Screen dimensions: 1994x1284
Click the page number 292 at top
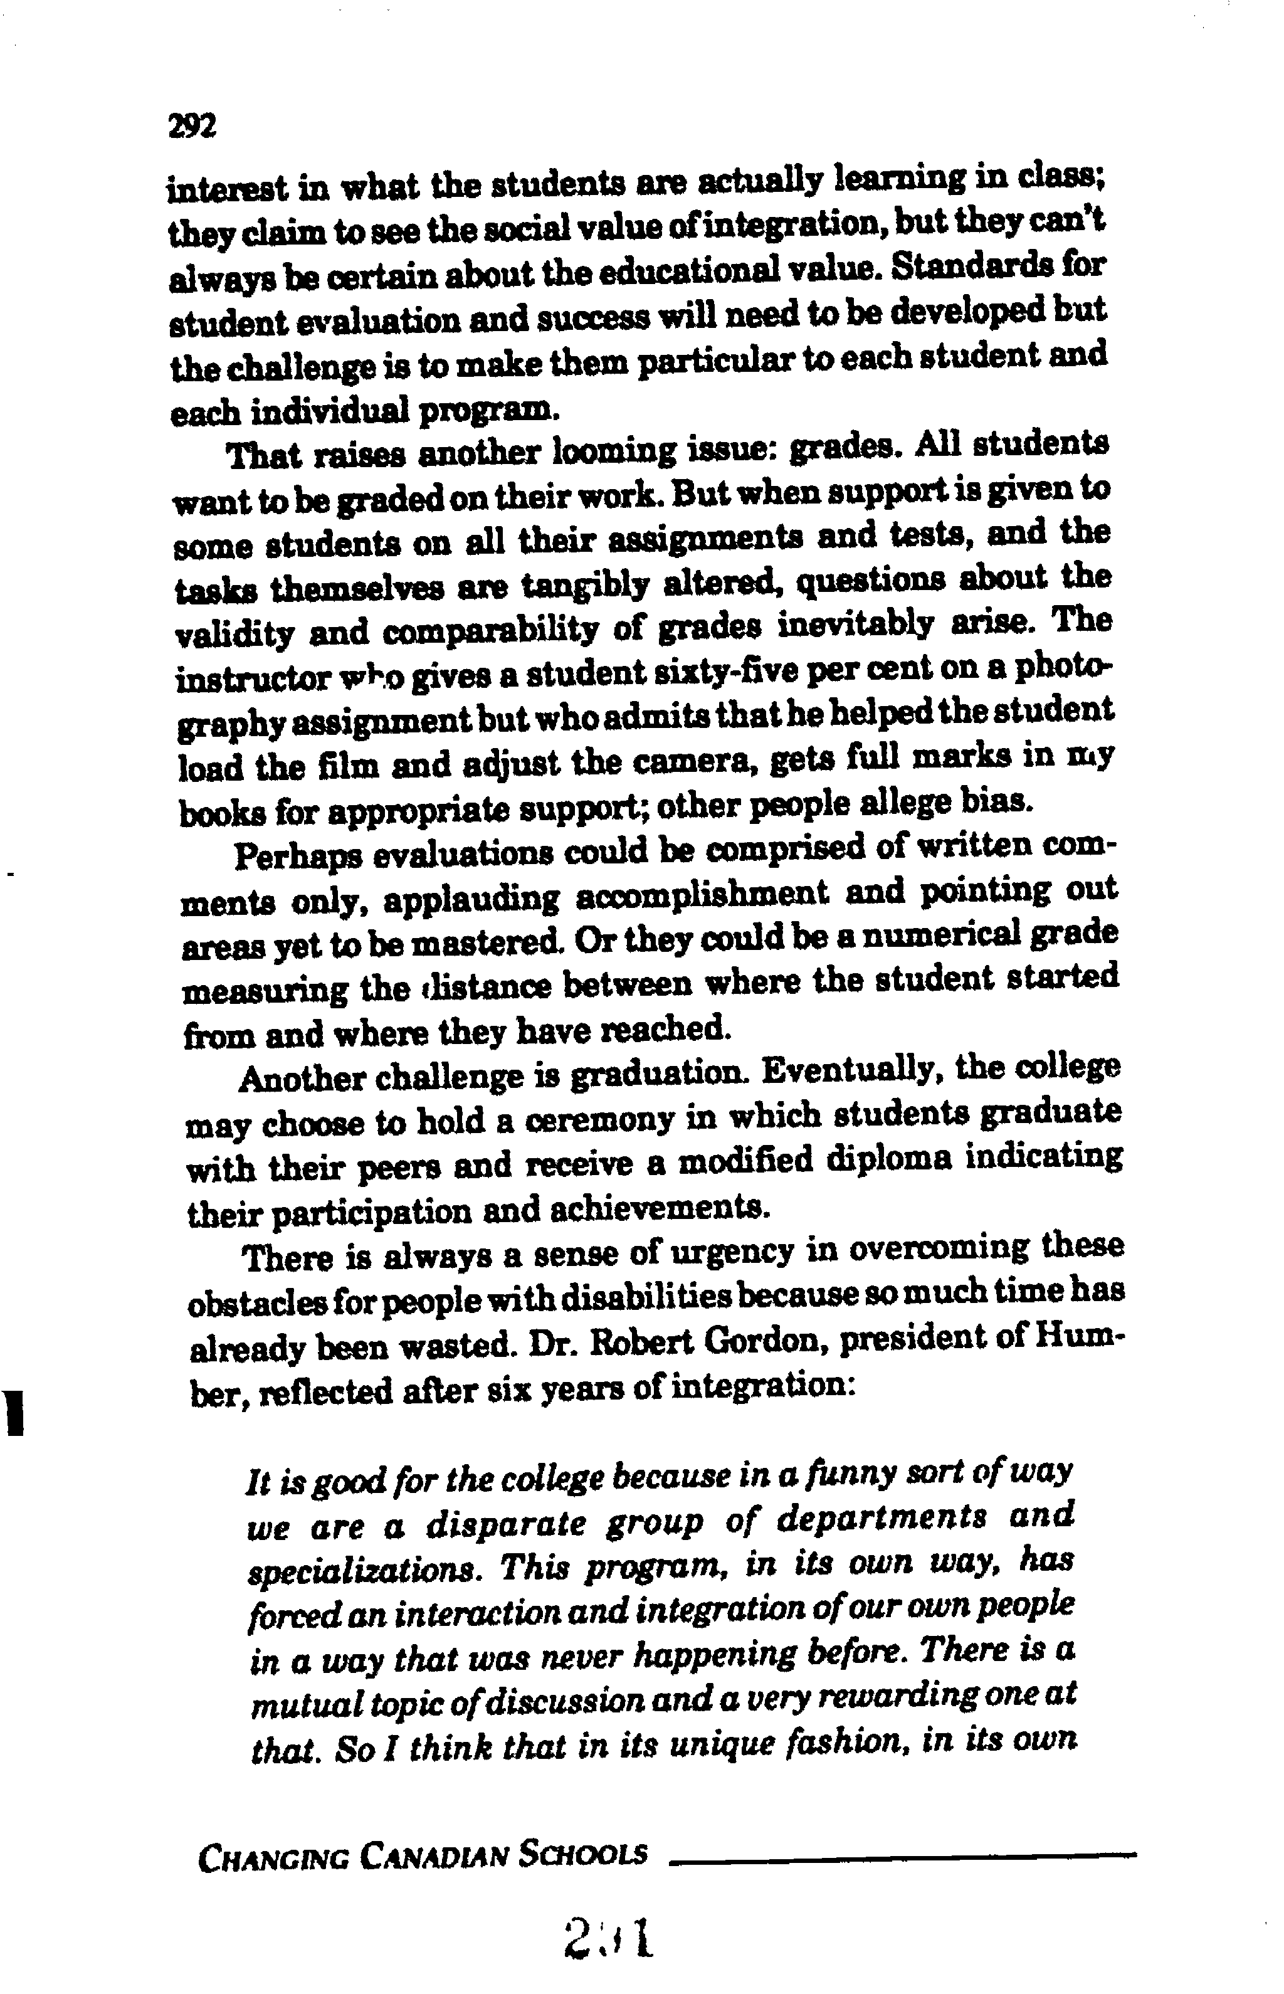(192, 126)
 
